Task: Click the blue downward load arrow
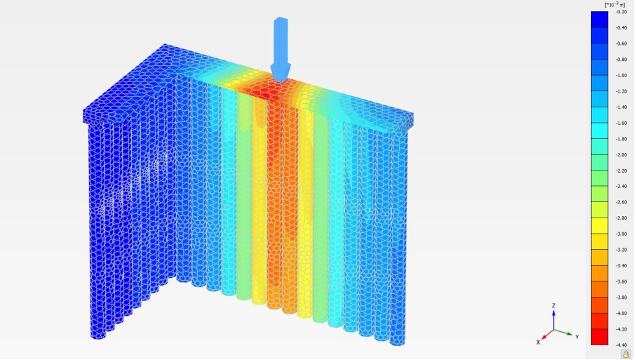[280, 46]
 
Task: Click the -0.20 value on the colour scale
[621, 11]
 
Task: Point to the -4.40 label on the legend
[621, 345]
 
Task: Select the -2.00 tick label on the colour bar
[621, 154]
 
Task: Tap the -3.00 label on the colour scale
[621, 234]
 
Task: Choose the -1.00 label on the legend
[621, 75]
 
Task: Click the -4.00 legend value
[621, 313]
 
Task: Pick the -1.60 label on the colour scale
[621, 123]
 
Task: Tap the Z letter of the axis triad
[554, 306]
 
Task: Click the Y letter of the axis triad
[577, 337]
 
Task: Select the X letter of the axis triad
[539, 342]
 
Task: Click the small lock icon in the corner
[625, 354]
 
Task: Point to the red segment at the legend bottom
[600, 337]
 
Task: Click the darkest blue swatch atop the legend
[600, 19]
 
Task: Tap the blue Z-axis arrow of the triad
[554, 319]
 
